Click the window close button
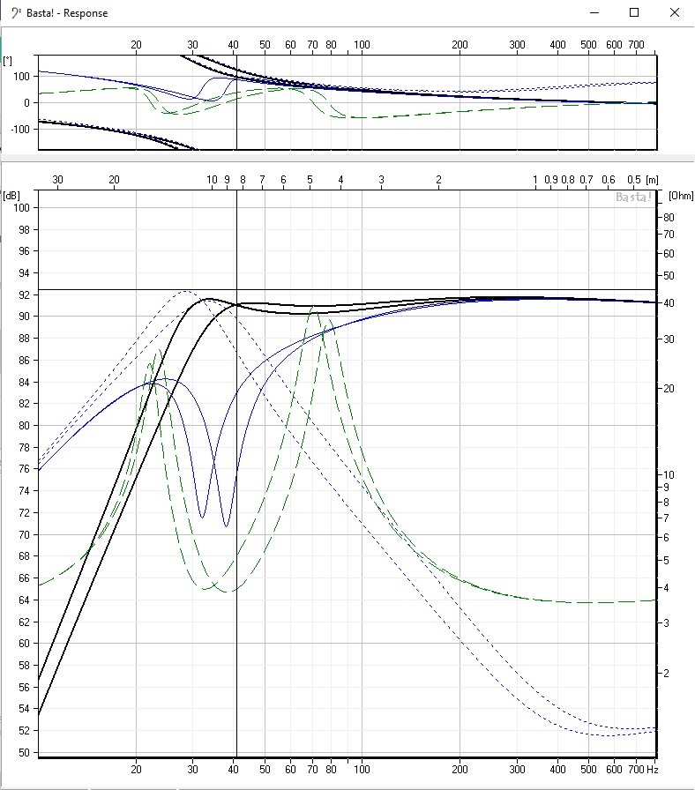pyautogui.click(x=675, y=12)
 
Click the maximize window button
pyautogui.click(x=634, y=12)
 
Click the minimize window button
pyautogui.click(x=594, y=12)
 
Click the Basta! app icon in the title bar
pyautogui.click(x=15, y=13)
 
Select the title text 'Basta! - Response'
pyautogui.click(x=67, y=13)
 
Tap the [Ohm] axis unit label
pyautogui.click(x=679, y=195)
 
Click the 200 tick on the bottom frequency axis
pyautogui.click(x=460, y=769)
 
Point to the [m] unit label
pyautogui.click(x=652, y=179)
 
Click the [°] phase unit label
pyautogui.click(x=8, y=60)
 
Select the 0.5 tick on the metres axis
pyautogui.click(x=633, y=179)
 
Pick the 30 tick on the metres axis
pyautogui.click(x=57, y=179)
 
